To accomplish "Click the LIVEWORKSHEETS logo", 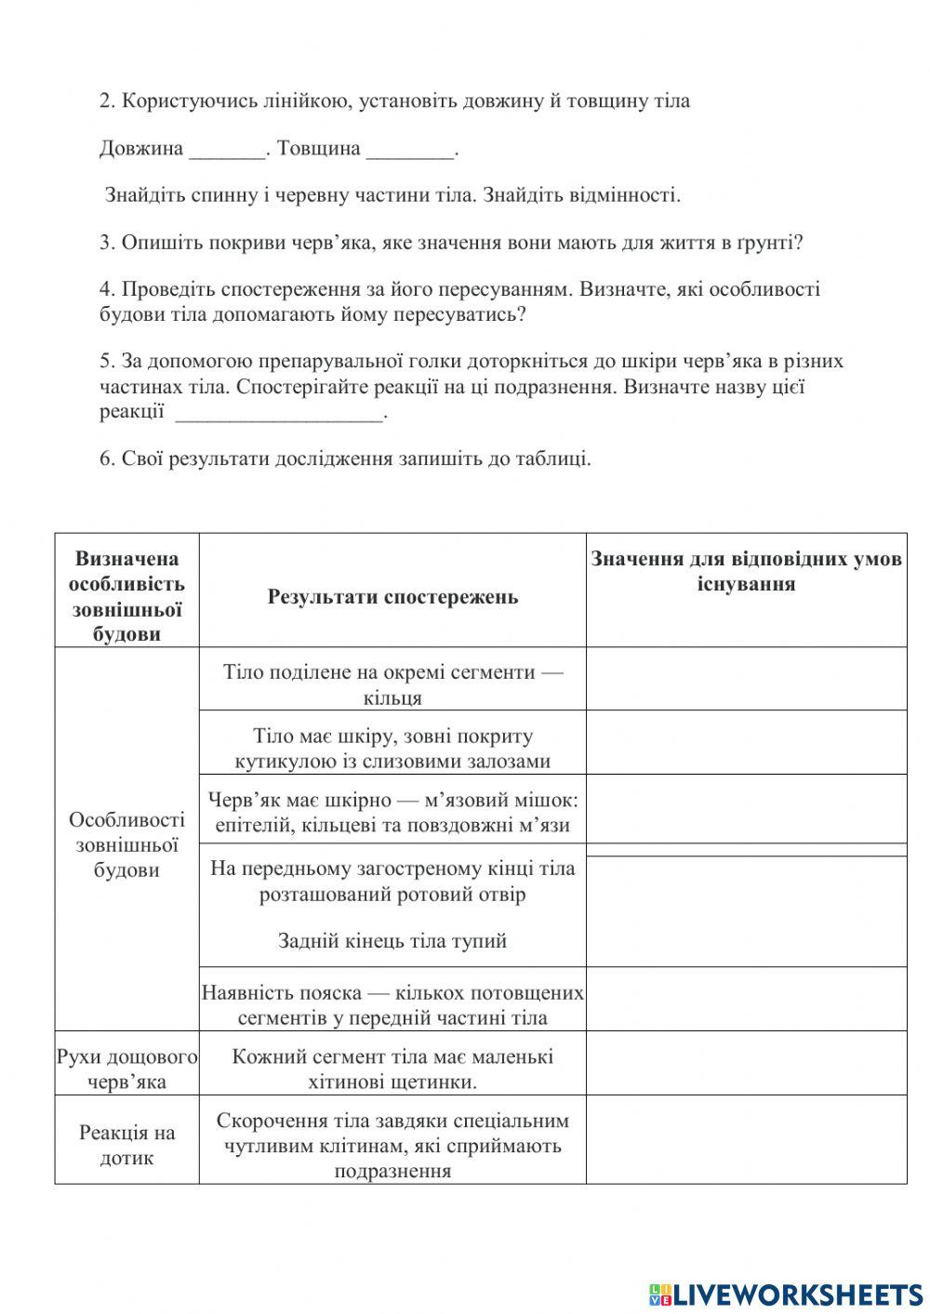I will (x=786, y=1294).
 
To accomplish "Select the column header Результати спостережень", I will (x=392, y=597).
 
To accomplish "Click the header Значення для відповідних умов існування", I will (x=746, y=572).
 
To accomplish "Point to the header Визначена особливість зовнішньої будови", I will (x=127, y=596).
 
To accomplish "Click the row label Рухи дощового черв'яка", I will (x=127, y=1069).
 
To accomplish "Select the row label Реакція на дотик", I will (x=127, y=1146).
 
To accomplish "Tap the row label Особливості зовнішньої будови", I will (x=127, y=844).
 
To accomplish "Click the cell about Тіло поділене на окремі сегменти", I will (x=392, y=684).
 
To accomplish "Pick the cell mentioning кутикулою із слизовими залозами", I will (x=392, y=749).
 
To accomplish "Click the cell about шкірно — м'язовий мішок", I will (x=392, y=812).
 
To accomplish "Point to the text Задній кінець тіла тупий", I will (x=392, y=940).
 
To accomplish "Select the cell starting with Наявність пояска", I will (x=392, y=1004).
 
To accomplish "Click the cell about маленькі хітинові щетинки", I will (x=392, y=1069).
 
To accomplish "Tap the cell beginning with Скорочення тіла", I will (x=392, y=1146).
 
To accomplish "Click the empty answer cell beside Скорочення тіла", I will (x=746, y=1139).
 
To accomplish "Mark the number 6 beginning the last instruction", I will (x=105, y=458).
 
